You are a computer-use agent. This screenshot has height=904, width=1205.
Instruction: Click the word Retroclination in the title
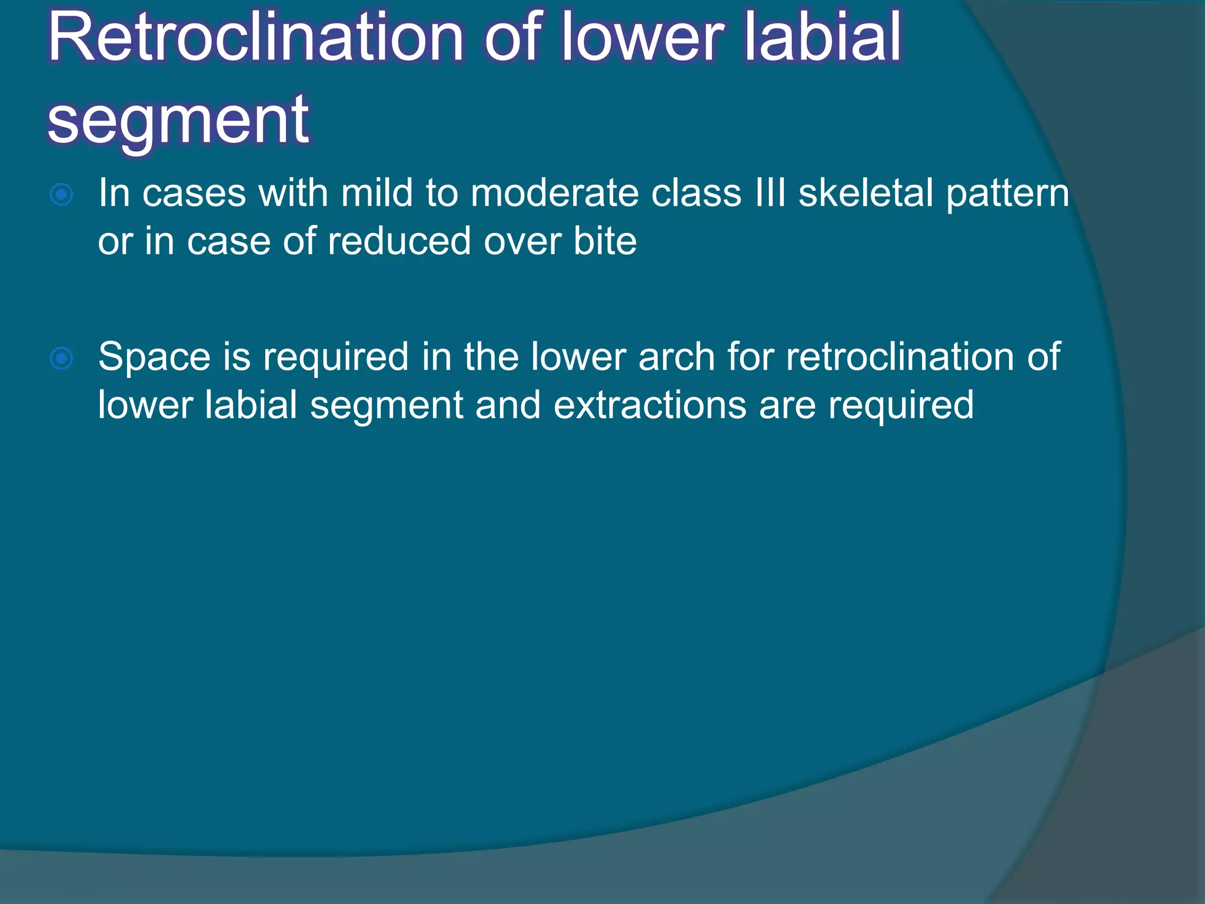tap(256, 38)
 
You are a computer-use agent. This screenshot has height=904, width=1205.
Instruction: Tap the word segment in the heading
tap(178, 121)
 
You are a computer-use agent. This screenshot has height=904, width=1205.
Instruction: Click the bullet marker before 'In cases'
tap(62, 195)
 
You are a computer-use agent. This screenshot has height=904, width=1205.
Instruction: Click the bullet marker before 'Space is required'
tap(62, 358)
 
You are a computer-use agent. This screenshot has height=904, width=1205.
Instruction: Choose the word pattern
tap(1007, 195)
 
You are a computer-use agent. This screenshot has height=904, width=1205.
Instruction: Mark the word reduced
tap(399, 241)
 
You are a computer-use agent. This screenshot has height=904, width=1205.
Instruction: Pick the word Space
tap(154, 358)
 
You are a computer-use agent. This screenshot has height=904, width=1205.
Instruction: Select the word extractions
tap(650, 406)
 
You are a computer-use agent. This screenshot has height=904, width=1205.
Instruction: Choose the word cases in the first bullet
tap(194, 195)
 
